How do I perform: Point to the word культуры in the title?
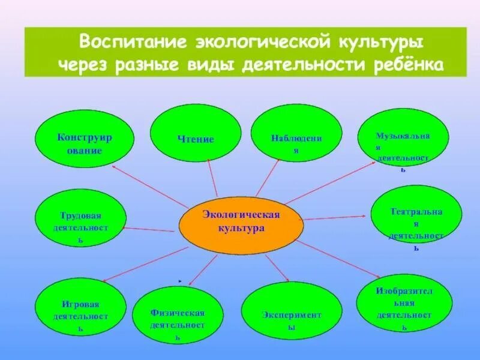(382, 43)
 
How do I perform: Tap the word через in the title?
(82, 64)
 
